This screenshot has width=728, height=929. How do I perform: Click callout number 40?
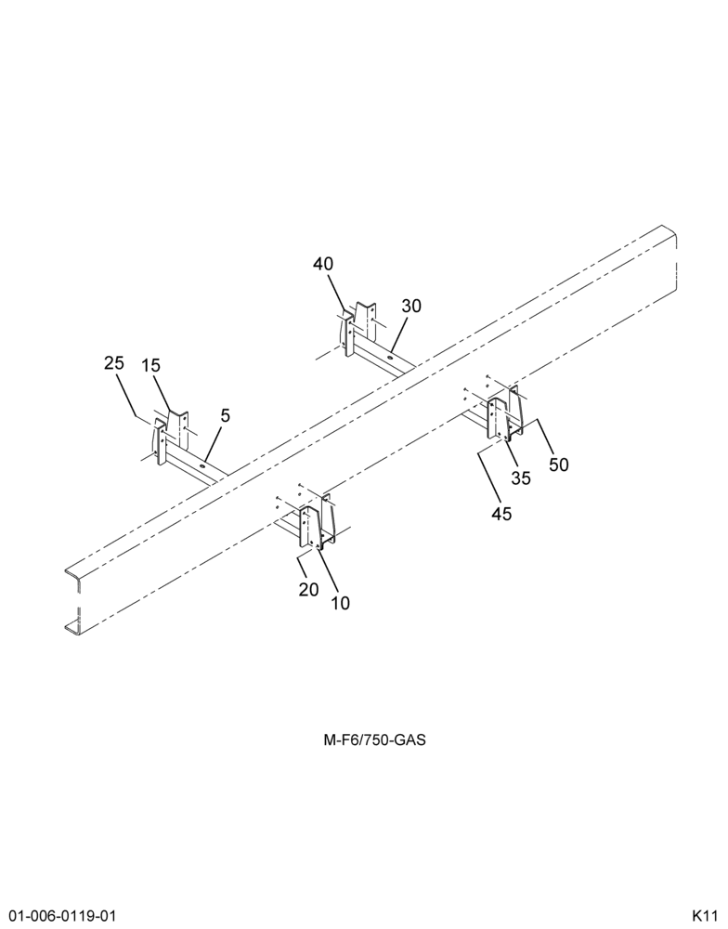[323, 264]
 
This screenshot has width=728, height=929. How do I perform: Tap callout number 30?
[411, 306]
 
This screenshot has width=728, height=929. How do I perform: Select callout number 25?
[114, 363]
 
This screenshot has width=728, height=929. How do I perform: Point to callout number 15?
[151, 365]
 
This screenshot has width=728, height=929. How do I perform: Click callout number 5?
[225, 416]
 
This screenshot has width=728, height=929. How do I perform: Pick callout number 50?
[559, 464]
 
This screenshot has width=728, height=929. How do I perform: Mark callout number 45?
[501, 514]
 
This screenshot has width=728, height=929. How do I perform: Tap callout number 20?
[308, 590]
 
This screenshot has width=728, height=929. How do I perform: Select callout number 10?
[340, 603]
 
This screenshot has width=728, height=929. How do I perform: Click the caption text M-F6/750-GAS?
[374, 740]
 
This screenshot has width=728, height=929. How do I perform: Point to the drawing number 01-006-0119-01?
[58, 914]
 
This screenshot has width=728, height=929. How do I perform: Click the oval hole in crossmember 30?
[390, 358]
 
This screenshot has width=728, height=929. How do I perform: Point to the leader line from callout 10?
[328, 571]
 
